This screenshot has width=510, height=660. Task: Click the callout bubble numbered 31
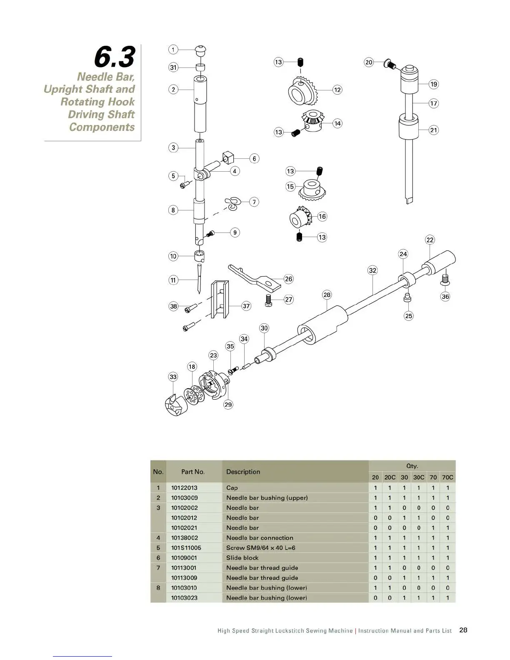[173, 67]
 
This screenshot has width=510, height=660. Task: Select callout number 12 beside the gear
[337, 90]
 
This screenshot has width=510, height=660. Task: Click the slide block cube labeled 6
[228, 158]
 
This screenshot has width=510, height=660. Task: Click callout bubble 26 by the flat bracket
[288, 279]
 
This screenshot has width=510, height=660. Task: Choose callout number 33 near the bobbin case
[173, 377]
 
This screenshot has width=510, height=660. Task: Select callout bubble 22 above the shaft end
[430, 240]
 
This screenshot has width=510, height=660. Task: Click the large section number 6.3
[115, 57]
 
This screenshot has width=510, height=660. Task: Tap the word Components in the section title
[102, 127]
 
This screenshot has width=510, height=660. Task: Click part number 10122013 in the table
[184, 488]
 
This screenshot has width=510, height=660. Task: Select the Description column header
[243, 472]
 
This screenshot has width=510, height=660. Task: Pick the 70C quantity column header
[447, 477]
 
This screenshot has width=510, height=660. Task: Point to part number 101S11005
[186, 548]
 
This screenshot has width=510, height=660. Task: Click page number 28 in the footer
[463, 630]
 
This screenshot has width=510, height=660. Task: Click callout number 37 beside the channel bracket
[246, 306]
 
